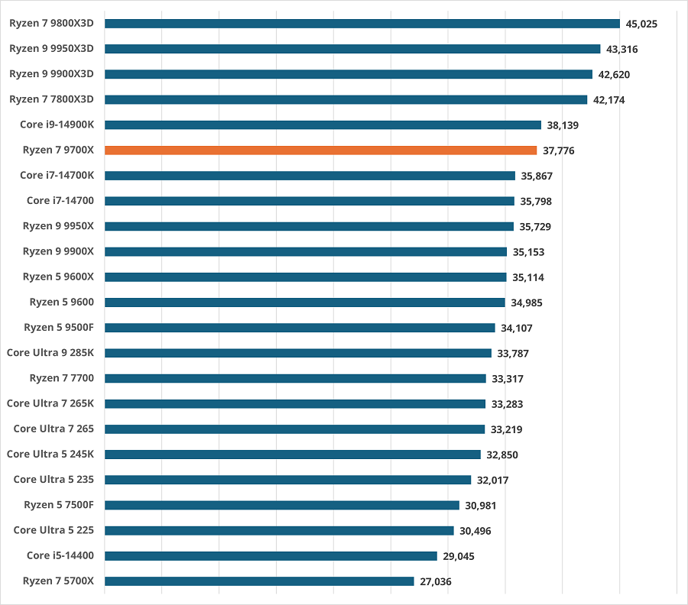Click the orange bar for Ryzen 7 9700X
tap(320, 150)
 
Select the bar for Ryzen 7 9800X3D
tap(362, 24)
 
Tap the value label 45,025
tap(641, 24)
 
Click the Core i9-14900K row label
tap(57, 125)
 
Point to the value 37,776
tap(558, 150)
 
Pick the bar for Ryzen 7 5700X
tap(259, 581)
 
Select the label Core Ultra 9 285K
tap(50, 353)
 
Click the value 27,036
tap(435, 581)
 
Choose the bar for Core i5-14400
tap(271, 556)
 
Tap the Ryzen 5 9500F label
tap(59, 328)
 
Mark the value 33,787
tap(513, 353)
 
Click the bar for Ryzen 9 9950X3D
tap(352, 49)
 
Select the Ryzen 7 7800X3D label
tap(51, 99)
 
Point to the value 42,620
tap(614, 74)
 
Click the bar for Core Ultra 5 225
tap(279, 530)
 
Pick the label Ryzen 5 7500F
tap(59, 505)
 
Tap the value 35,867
tap(536, 176)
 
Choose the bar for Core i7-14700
tap(309, 201)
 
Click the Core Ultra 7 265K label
tap(50, 403)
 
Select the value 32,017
tap(492, 480)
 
